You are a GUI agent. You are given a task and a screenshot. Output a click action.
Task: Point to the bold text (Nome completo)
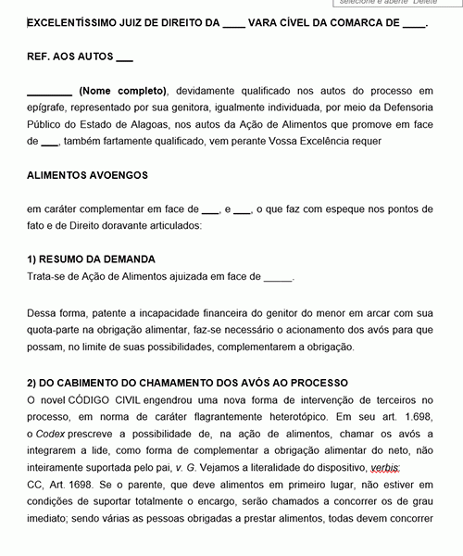(x=123, y=91)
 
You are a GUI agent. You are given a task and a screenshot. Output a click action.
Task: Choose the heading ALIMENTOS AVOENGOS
(x=87, y=174)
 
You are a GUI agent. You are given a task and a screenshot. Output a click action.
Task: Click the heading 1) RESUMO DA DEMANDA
(x=92, y=259)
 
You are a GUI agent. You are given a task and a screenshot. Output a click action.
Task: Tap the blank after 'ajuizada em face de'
(x=278, y=276)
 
